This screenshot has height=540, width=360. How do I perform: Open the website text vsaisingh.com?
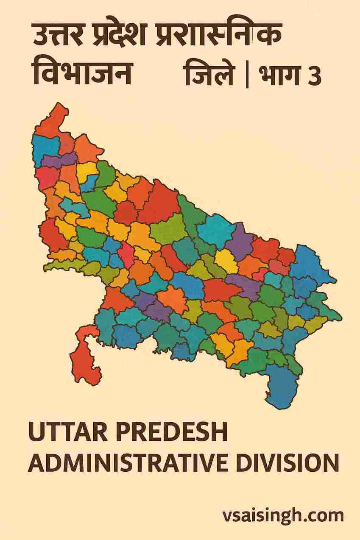click(283, 516)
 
